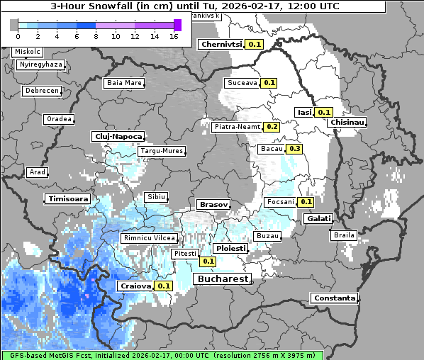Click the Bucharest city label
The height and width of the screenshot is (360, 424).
pyautogui.click(x=221, y=279)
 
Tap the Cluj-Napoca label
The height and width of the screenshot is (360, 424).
pyautogui.click(x=118, y=136)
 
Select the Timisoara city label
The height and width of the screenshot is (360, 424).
pyautogui.click(x=69, y=199)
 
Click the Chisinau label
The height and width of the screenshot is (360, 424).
pyautogui.click(x=347, y=123)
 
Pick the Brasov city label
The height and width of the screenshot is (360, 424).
pyautogui.click(x=213, y=204)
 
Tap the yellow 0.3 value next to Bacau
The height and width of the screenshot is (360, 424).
pyautogui.click(x=294, y=149)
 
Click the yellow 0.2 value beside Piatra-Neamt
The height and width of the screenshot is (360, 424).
pyautogui.click(x=272, y=127)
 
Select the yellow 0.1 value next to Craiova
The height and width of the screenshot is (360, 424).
pyautogui.click(x=164, y=286)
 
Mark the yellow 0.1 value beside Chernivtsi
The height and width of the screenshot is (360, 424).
pyautogui.click(x=255, y=44)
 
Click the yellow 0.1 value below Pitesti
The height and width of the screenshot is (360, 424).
pyautogui.click(x=208, y=261)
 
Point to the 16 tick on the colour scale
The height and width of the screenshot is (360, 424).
pyautogui.click(x=174, y=36)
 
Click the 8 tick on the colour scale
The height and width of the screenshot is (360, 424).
pyautogui.click(x=95, y=36)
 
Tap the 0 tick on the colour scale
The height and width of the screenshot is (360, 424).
pyautogui.click(x=17, y=36)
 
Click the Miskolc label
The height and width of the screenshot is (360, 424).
pyautogui.click(x=28, y=52)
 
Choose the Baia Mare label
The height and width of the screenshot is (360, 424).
pyautogui.click(x=124, y=83)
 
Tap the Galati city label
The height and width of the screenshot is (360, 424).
pyautogui.click(x=318, y=218)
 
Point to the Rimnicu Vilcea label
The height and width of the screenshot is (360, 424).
pyautogui.click(x=148, y=238)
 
